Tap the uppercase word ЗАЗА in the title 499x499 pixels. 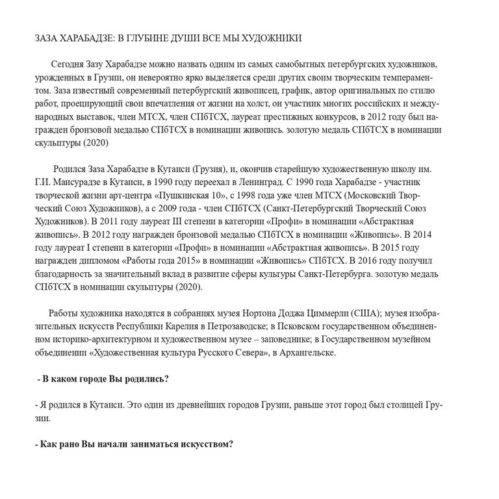pyautogui.click(x=47, y=38)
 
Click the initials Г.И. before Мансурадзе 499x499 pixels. pyautogui.click(x=42, y=182)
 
